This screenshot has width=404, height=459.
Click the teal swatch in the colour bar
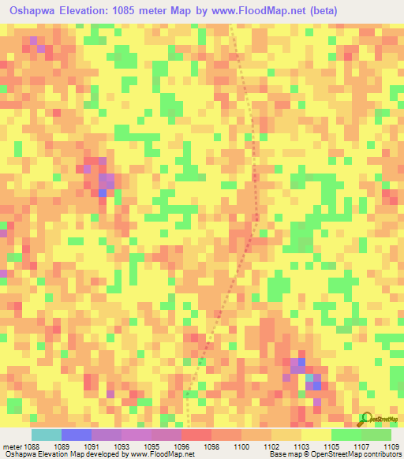tap(46, 435)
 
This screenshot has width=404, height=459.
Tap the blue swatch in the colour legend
tap(76, 435)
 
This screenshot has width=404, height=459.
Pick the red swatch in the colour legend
tap(196, 435)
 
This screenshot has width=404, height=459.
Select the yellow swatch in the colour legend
tap(316, 435)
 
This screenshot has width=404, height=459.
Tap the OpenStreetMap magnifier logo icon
tap(366, 418)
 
